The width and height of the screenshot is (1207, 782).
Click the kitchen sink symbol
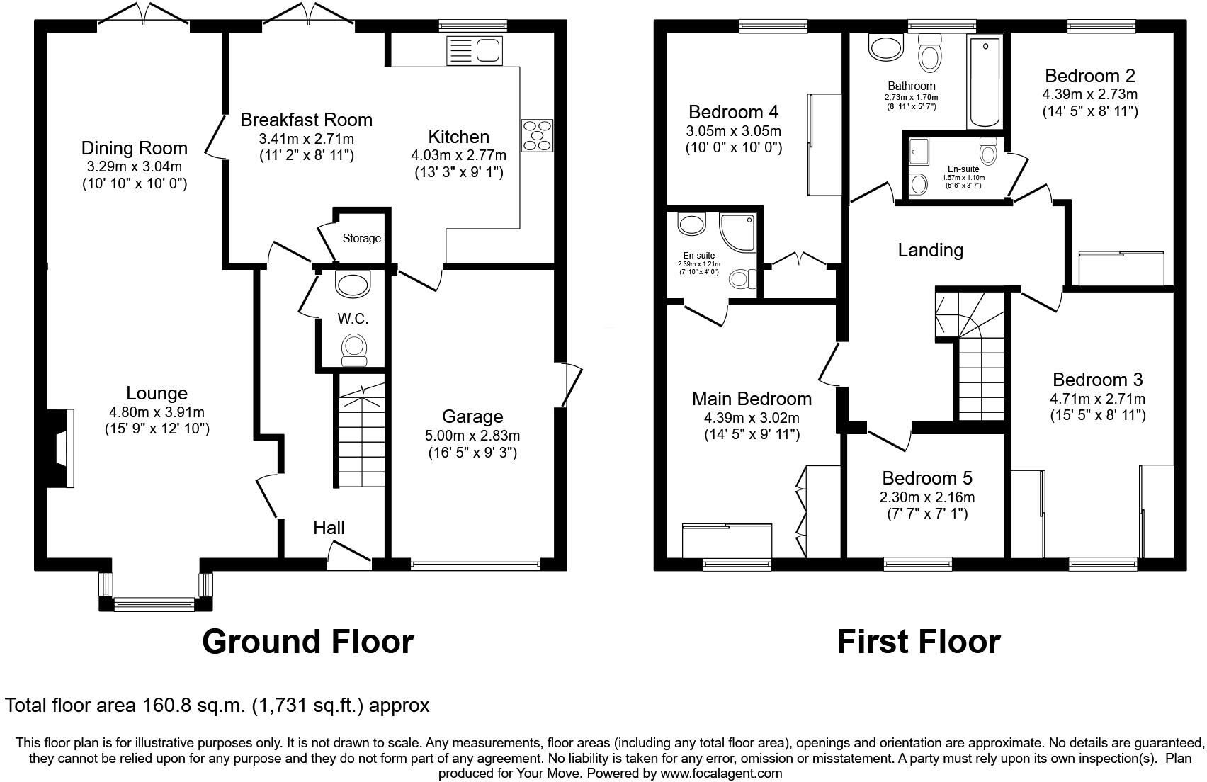tap(475, 51)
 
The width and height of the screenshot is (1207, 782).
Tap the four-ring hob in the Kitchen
tap(537, 135)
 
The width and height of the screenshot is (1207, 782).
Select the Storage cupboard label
tap(361, 239)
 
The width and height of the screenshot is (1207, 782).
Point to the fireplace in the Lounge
tap(62, 448)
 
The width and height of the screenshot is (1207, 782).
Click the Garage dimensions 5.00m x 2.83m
tap(472, 436)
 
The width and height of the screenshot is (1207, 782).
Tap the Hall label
tap(329, 528)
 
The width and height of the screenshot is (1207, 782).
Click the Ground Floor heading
tap(307, 642)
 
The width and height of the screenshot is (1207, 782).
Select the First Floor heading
tap(918, 642)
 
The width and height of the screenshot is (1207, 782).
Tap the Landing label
tap(930, 250)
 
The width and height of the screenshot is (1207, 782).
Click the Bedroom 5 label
tap(926, 478)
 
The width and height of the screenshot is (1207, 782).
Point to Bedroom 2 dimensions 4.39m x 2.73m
tap(1089, 94)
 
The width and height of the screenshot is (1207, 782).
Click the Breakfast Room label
tap(306, 120)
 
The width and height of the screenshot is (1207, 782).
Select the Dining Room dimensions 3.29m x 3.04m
tap(134, 167)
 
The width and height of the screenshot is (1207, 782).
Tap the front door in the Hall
tap(348, 555)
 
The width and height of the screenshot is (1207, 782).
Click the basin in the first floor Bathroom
tap(885, 48)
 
